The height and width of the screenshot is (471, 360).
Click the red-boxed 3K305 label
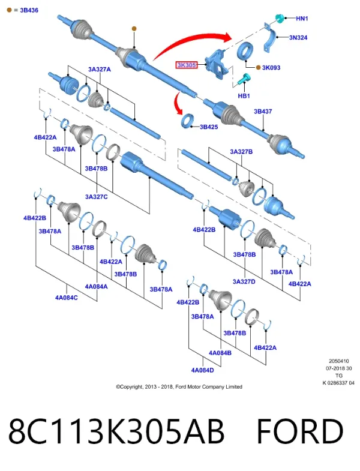pos(187,65)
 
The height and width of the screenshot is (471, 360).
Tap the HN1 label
pos(302,19)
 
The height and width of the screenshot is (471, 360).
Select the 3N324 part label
pos(298,38)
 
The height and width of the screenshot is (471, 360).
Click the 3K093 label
pos(271,68)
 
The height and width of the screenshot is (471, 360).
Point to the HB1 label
pos(244,96)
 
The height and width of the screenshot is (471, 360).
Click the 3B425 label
pos(209,127)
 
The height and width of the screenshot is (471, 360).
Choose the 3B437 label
pos(263,112)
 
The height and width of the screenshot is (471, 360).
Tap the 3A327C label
pos(96,197)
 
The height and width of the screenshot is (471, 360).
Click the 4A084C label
pos(66,298)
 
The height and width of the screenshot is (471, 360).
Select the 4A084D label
pos(203,370)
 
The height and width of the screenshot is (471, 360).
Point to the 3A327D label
pos(244,281)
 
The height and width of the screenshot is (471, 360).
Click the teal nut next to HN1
pos(280,18)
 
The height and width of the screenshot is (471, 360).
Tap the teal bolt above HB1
pos(244,79)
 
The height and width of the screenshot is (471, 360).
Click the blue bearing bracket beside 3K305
pos(217,64)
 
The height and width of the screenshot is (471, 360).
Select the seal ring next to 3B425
pos(188,121)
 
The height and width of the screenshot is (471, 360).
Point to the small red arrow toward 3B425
pos(178,104)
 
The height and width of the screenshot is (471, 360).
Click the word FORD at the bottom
pos(300,431)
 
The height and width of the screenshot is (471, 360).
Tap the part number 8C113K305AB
pos(116,431)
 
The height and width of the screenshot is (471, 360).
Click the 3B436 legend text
pos(29,10)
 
